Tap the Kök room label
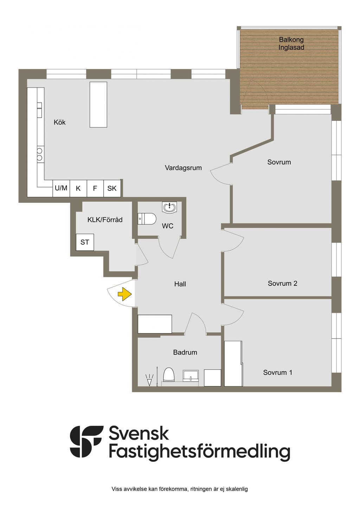click(59, 122)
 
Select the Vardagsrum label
click(183, 168)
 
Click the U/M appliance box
click(61, 188)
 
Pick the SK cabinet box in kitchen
click(112, 188)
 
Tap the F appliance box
click(95, 188)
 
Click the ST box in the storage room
click(85, 242)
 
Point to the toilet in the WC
click(147, 219)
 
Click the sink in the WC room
click(169, 207)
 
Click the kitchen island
click(98, 105)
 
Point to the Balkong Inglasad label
click(291, 43)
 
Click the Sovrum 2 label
click(283, 283)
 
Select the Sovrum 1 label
click(277, 372)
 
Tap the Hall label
click(180, 284)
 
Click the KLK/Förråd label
click(105, 220)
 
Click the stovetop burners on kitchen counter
click(40, 154)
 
